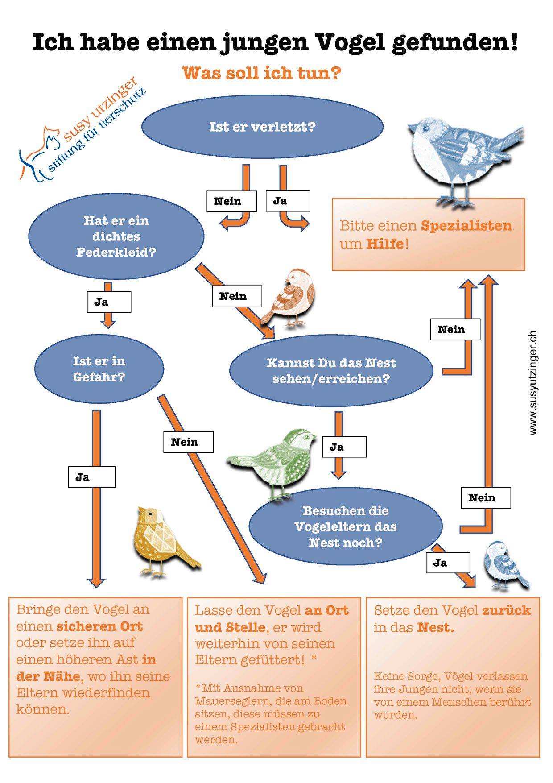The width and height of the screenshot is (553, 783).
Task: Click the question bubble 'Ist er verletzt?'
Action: [x=262, y=127]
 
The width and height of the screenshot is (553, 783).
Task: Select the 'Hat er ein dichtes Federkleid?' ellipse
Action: [x=116, y=236]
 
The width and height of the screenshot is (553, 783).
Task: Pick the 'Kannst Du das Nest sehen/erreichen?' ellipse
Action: [x=331, y=370]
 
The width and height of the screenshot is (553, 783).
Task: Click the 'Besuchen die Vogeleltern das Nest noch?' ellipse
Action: [x=345, y=526]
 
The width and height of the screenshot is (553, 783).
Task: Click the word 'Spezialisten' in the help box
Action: [x=466, y=226]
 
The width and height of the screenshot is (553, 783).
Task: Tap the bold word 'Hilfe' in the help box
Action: [x=385, y=244]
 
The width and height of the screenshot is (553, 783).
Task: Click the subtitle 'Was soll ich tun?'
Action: [x=262, y=73]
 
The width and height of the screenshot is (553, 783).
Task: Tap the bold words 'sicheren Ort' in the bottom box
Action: [x=99, y=626]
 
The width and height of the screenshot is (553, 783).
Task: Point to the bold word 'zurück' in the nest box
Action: [x=506, y=610]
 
